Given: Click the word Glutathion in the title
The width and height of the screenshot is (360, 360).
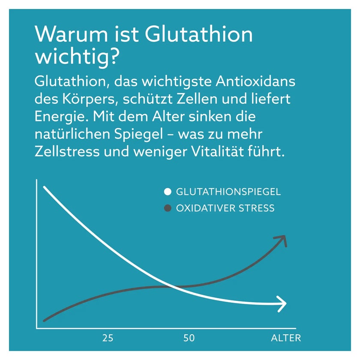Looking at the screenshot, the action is pos(199,34).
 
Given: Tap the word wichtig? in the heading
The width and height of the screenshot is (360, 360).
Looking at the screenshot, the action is pos(78,57).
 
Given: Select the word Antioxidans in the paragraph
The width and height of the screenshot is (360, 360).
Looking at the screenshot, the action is pos(255,81).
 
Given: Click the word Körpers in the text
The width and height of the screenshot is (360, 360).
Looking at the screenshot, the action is pos(90,99).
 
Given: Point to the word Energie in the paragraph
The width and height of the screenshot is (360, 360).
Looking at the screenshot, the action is pos(61,117).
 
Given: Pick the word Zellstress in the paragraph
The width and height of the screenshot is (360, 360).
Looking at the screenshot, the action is pos(67,152).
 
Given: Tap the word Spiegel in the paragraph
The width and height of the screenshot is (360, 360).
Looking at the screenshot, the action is pos(139,135).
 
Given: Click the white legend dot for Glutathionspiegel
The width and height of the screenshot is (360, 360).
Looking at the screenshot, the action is pos(168,192).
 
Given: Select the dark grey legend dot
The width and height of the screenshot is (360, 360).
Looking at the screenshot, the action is pos(168,208).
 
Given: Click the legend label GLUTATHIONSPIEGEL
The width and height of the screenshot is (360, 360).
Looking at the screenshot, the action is pos(228,192).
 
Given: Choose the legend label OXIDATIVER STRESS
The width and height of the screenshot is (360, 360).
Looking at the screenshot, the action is pos(225,208).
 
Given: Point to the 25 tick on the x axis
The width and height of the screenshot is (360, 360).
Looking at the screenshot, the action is pos(108,338).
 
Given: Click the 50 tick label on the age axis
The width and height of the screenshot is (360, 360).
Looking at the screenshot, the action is pos(189,338).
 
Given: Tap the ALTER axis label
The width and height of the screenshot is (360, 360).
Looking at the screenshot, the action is pos(286,338).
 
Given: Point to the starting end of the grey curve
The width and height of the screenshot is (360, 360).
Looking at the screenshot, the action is pos(44,321).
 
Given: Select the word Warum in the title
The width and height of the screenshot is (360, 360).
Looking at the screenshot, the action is pos(72,34).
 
